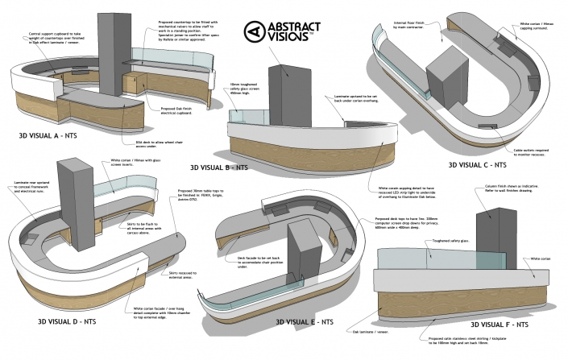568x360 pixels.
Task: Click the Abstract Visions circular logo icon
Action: [x=255, y=32]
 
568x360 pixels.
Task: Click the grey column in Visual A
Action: [x=110, y=48]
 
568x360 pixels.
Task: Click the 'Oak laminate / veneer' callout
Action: [x=367, y=331]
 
